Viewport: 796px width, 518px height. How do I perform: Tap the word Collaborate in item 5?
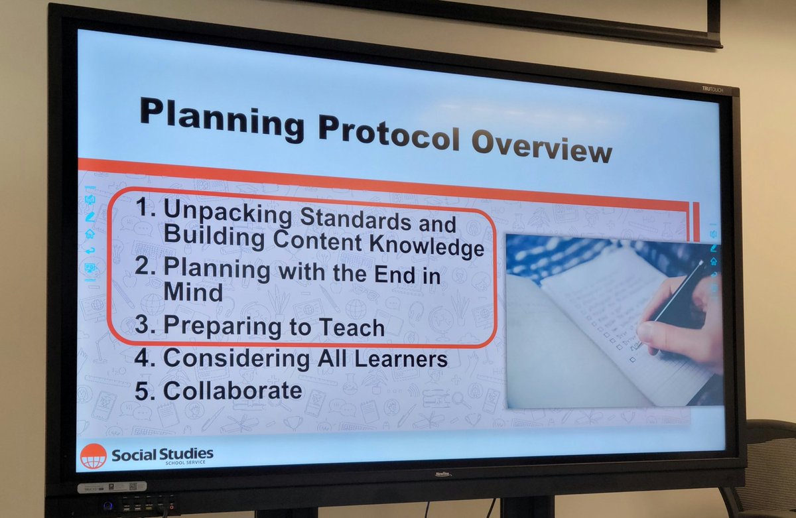[233, 391]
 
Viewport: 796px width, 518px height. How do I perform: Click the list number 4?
[144, 357]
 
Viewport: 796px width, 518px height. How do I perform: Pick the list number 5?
[144, 390]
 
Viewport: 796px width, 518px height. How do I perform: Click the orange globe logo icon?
[93, 456]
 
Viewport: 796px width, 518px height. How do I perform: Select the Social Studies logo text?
[163, 456]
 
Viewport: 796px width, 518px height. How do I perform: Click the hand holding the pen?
[680, 325]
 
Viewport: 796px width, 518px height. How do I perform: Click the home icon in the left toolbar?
[90, 233]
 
